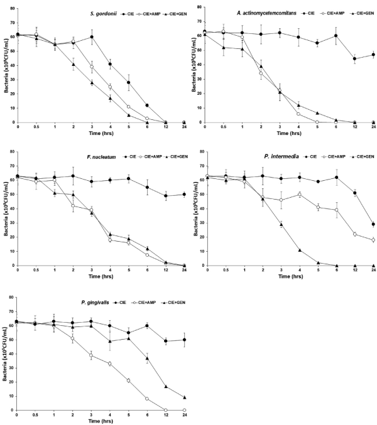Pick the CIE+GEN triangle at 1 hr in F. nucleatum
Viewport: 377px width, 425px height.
[55, 193]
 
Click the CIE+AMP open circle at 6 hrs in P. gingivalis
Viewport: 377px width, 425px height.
[147, 399]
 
